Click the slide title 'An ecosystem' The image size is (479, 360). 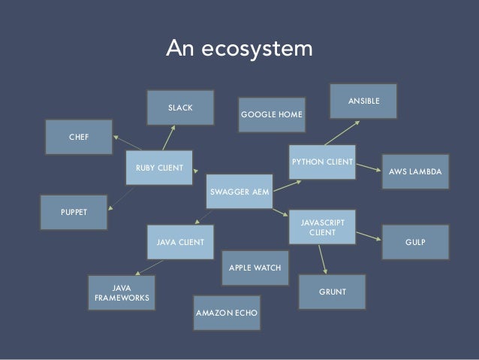point(239,50)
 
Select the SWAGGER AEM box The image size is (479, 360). point(239,191)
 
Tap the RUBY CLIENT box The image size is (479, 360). point(159,167)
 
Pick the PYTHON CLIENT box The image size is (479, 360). point(322,161)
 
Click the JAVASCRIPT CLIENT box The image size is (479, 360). point(322,228)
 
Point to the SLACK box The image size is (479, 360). point(180,108)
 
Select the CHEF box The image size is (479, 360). point(79,138)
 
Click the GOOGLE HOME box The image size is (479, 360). point(271,115)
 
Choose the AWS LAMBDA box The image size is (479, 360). point(415,172)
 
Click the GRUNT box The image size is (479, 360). point(333,289)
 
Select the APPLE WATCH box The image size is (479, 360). point(255,268)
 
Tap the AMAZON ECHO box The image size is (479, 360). point(226,311)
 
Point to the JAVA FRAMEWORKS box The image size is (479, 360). point(122,292)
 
